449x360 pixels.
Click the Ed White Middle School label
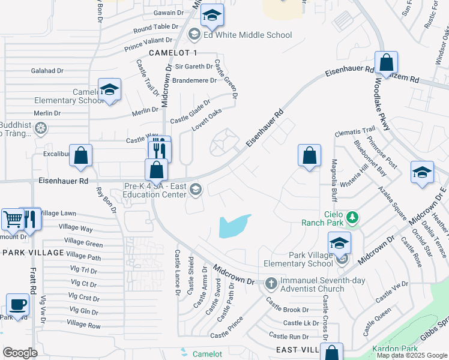247,35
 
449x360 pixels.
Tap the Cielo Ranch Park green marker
354,217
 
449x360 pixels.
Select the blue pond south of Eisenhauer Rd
235,226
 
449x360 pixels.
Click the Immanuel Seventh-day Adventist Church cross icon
271,283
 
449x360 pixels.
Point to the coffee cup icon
17,304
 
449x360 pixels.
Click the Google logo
20,353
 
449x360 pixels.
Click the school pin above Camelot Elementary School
109,90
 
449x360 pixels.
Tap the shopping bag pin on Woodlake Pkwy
386,62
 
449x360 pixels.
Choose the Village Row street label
84,323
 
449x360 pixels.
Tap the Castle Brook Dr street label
288,310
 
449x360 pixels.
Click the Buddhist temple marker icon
40,127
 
